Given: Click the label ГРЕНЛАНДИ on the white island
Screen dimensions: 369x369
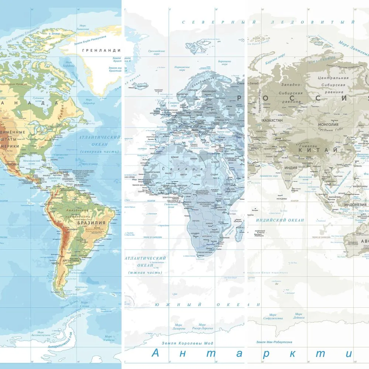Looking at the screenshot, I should [x=101, y=50].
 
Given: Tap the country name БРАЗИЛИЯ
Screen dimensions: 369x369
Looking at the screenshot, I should [x=91, y=223].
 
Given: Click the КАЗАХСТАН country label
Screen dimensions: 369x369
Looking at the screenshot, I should [x=272, y=120].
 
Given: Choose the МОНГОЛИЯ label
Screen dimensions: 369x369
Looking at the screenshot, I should [x=328, y=125].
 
